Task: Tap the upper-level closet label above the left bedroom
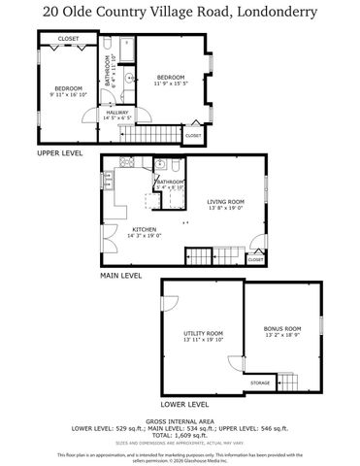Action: (68, 39)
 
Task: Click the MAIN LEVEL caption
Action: (120, 276)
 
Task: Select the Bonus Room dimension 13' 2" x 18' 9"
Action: (282, 336)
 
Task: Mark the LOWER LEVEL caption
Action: (184, 403)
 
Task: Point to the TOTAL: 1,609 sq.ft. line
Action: (180, 436)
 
